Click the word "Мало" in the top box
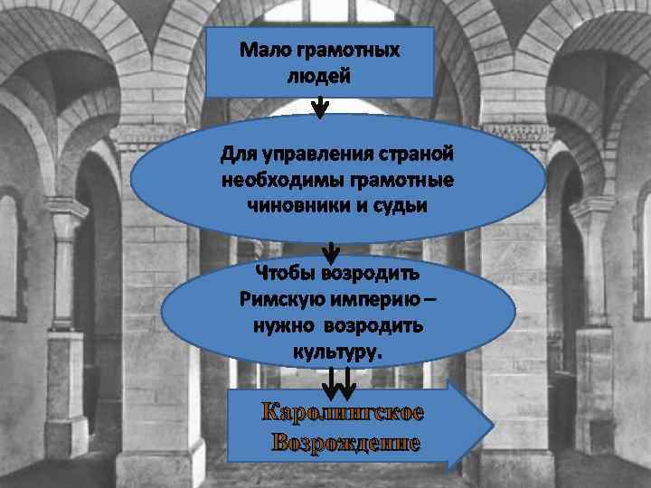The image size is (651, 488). click(267, 51)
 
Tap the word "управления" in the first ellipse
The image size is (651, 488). click(310, 156)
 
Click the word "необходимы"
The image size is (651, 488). click(277, 181)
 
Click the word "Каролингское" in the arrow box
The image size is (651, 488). click(342, 415)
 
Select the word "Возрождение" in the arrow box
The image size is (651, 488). click(344, 444)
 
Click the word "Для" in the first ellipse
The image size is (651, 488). click(239, 155)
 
